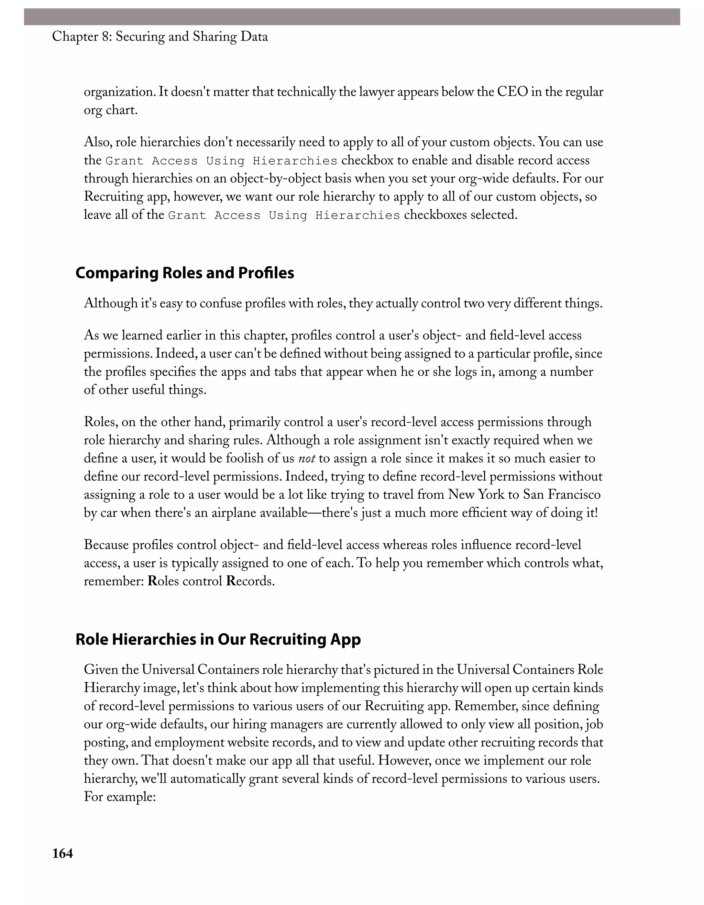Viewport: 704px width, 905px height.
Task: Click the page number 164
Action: tap(63, 854)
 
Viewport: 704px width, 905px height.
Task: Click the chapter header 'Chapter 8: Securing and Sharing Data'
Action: tap(160, 37)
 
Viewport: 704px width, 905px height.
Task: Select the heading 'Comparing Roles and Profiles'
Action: tap(185, 273)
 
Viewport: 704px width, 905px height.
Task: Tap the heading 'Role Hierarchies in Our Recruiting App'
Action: tap(218, 639)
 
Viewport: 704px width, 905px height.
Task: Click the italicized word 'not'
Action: tap(307, 458)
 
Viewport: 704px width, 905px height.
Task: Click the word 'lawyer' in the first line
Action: tap(374, 92)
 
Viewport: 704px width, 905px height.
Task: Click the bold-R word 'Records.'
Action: tap(250, 581)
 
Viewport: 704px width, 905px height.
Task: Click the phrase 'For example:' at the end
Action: tap(119, 797)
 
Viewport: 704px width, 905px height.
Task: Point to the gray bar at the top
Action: tap(352, 17)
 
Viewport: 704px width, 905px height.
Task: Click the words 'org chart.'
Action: tap(111, 111)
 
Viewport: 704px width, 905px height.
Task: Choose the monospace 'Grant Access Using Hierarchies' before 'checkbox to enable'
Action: tap(221, 161)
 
